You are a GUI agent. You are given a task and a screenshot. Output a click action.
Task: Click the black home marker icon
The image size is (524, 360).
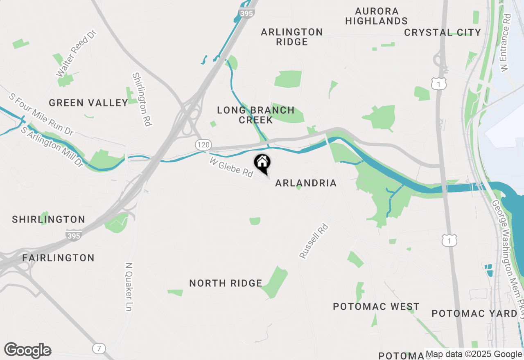(x=262, y=163)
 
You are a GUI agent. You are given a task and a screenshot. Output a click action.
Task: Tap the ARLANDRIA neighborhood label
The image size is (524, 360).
(x=306, y=183)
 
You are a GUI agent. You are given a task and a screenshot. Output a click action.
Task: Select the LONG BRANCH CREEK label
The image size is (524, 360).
(x=256, y=115)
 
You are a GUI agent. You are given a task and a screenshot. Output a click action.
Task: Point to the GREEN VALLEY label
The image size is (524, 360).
(x=88, y=103)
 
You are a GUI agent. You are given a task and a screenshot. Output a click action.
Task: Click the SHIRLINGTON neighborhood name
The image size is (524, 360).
(x=49, y=220)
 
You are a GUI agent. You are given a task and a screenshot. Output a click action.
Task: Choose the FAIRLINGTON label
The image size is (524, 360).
(x=59, y=258)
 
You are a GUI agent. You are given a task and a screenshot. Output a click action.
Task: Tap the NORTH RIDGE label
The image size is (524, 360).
(x=226, y=283)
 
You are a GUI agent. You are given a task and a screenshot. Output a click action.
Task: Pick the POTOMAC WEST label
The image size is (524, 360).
(x=376, y=307)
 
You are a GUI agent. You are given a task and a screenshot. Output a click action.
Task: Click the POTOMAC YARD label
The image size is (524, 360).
(x=474, y=314)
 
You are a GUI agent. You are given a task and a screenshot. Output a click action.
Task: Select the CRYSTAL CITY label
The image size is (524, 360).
(x=443, y=32)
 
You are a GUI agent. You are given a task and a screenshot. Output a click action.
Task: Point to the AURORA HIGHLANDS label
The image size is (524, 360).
(x=377, y=16)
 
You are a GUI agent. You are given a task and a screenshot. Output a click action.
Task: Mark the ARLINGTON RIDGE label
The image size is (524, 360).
(x=292, y=37)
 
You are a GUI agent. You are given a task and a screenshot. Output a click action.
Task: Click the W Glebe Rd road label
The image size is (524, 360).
(x=231, y=167)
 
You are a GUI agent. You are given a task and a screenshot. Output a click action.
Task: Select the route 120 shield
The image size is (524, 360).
(x=204, y=144)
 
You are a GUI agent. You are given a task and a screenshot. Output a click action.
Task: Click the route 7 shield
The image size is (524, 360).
(x=99, y=349)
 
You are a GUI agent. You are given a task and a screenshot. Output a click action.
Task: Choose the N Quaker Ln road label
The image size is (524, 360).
(x=129, y=286)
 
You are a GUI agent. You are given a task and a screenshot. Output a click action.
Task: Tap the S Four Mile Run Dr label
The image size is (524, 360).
(x=41, y=115)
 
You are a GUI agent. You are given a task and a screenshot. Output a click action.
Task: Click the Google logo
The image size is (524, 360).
(x=28, y=350)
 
